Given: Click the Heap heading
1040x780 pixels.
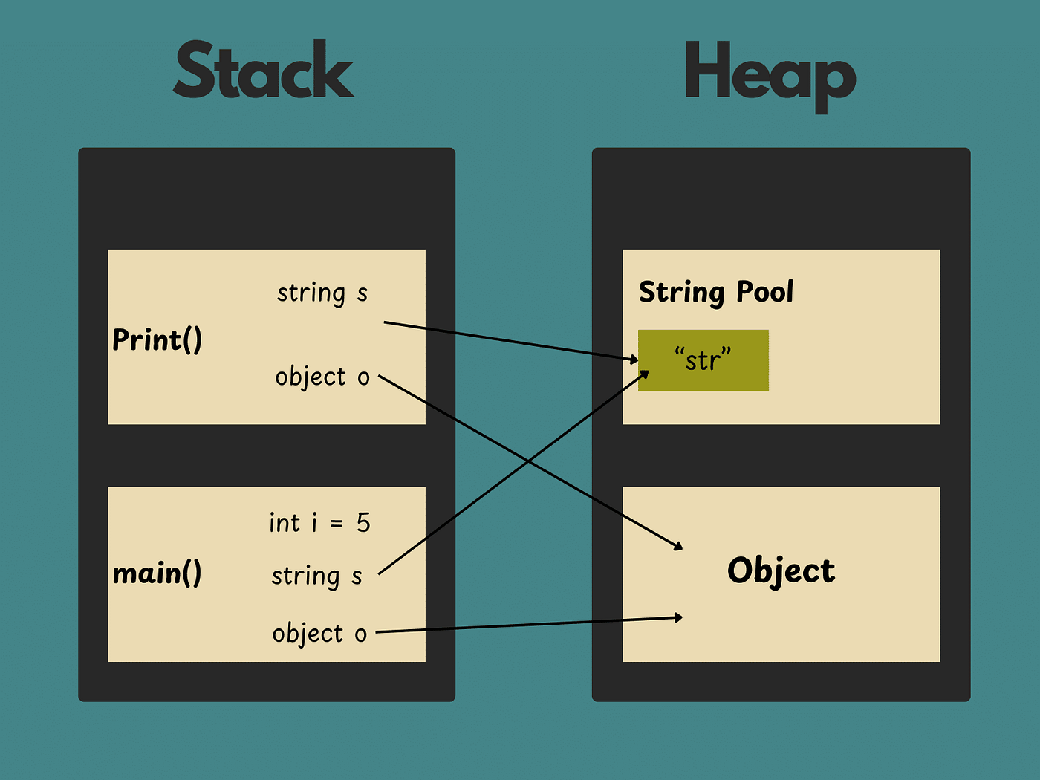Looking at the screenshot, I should (x=770, y=74).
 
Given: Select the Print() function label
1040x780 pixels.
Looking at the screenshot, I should (x=157, y=340).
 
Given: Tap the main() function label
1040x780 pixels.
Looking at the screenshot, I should (x=157, y=573).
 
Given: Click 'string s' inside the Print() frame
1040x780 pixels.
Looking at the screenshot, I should (x=322, y=293).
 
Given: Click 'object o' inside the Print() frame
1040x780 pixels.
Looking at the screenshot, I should (x=322, y=377).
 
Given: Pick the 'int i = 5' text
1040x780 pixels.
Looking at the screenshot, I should (x=319, y=523).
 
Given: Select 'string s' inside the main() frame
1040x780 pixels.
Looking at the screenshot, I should (x=316, y=576).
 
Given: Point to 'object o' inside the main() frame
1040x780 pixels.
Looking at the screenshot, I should (x=319, y=634).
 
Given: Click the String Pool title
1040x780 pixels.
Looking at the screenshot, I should (x=716, y=292).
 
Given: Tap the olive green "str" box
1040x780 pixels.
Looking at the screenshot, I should (x=703, y=360).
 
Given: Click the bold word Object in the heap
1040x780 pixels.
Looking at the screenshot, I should (x=781, y=571).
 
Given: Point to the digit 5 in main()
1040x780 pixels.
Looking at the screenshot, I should (x=363, y=523).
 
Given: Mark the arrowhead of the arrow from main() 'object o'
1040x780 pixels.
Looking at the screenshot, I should (x=678, y=617).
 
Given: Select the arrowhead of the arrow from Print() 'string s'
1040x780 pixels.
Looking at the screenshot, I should (x=634, y=360).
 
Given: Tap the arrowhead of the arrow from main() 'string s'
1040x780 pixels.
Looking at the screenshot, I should (x=645, y=374).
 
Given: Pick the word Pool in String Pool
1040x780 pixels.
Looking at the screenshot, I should (x=764, y=292).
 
